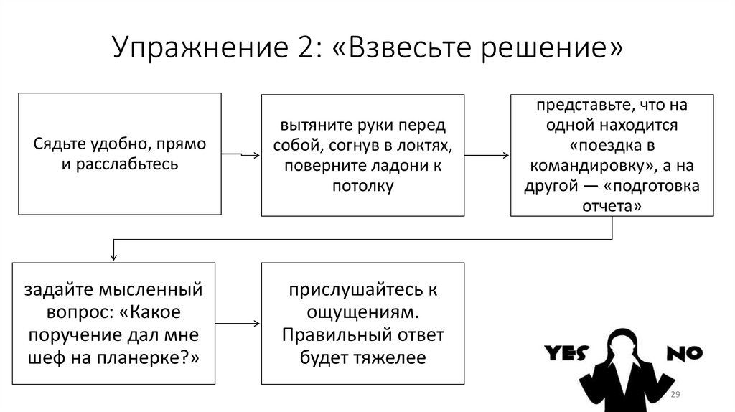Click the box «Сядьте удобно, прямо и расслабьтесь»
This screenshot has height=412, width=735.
point(120,154)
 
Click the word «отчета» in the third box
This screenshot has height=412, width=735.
point(605,206)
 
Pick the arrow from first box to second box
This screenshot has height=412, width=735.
point(241,154)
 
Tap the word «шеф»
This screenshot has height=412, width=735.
point(45,357)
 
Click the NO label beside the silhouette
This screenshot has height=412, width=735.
point(685,352)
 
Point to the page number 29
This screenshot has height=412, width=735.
point(675,396)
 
